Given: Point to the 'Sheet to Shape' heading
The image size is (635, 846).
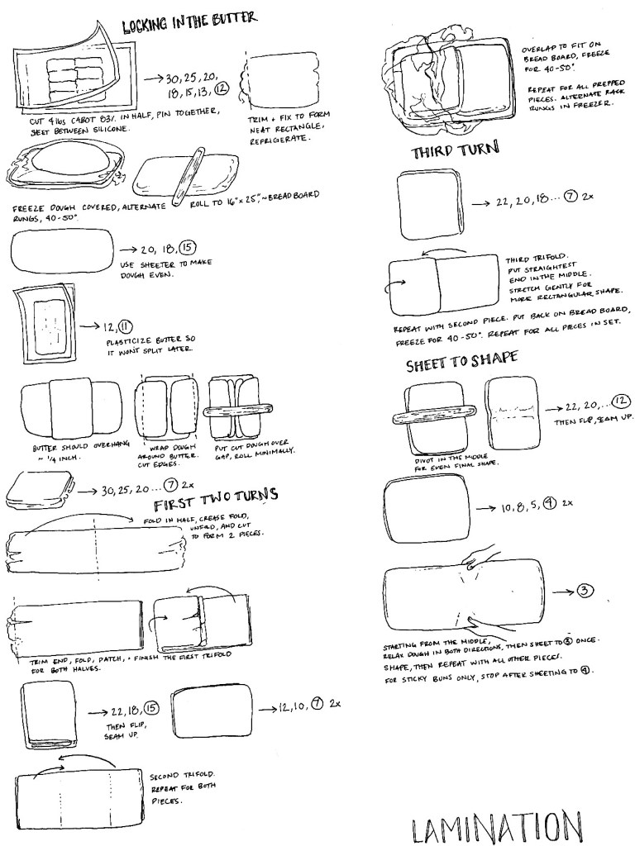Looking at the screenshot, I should coord(462,361).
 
